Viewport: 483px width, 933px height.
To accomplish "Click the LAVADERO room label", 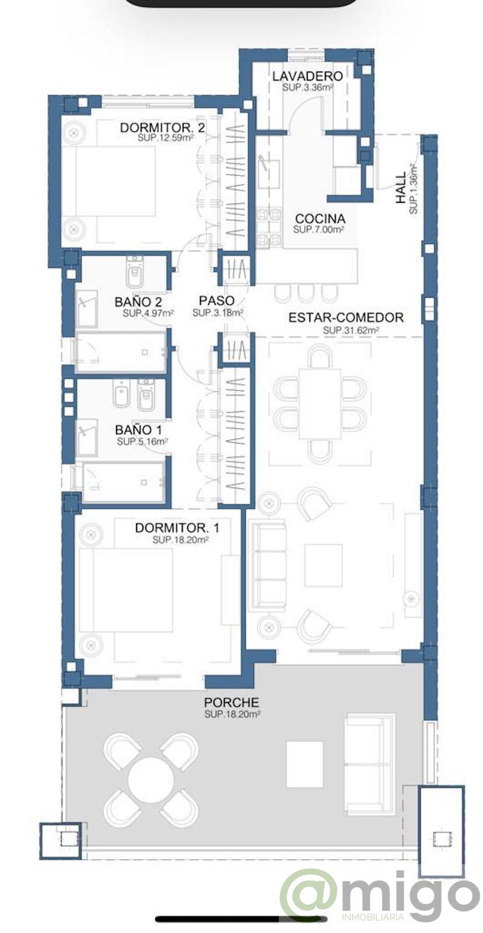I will pyautogui.click(x=307, y=76).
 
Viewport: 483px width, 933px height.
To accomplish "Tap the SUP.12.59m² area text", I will pyautogui.click(x=166, y=139).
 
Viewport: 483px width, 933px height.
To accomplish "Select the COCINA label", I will pyautogui.click(x=319, y=219).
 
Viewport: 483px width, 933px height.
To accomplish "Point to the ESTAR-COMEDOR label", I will pyautogui.click(x=346, y=318).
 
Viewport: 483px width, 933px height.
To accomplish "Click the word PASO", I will pyautogui.click(x=216, y=301).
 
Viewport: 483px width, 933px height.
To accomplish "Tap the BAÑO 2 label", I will pyautogui.click(x=138, y=302).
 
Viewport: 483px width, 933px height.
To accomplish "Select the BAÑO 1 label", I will pyautogui.click(x=138, y=431).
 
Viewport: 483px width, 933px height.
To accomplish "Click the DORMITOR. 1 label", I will pyautogui.click(x=177, y=528).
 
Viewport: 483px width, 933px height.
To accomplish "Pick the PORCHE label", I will pyautogui.click(x=232, y=703).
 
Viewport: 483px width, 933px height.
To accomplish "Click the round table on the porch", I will pyautogui.click(x=150, y=778).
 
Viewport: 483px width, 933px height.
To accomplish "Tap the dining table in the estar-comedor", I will pyautogui.click(x=320, y=403).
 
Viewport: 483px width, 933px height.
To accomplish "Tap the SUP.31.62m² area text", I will pyautogui.click(x=351, y=330).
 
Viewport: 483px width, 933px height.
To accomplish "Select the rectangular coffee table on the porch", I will pyautogui.click(x=304, y=764).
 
